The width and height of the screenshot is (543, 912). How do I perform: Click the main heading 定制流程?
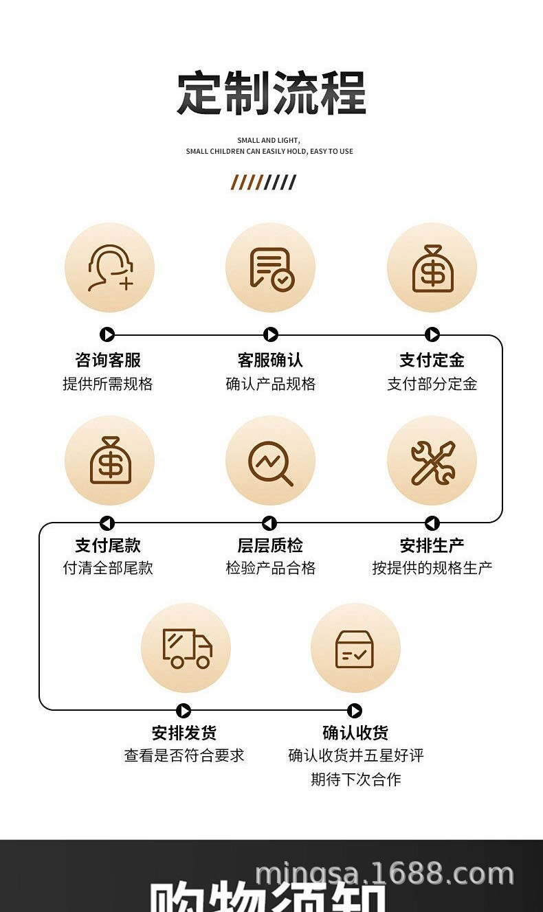pos(271,93)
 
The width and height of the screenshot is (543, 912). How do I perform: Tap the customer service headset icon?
pos(110,268)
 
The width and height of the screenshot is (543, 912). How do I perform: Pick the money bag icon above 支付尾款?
pos(110,460)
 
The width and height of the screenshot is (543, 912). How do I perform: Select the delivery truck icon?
pos(186,648)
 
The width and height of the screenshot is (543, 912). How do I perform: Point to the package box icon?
pos(355,648)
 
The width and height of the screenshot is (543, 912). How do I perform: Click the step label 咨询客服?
pos(108,360)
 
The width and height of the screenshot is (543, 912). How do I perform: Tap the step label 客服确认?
pos(270,360)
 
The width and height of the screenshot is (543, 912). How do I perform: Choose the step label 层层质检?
pos(270,545)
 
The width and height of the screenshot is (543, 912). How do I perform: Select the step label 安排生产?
pos(432,545)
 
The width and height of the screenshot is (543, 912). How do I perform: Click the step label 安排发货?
pos(184,733)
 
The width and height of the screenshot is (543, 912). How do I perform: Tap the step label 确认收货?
pos(355,733)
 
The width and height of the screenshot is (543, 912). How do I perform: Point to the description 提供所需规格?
pos(108,384)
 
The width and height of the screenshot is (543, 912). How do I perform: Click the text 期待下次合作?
pos(355,779)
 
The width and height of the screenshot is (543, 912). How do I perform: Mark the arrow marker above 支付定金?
pos(432,334)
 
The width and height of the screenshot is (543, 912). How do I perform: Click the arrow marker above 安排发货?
pos(184,711)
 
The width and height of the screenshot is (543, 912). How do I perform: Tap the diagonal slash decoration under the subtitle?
pos(264,182)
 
